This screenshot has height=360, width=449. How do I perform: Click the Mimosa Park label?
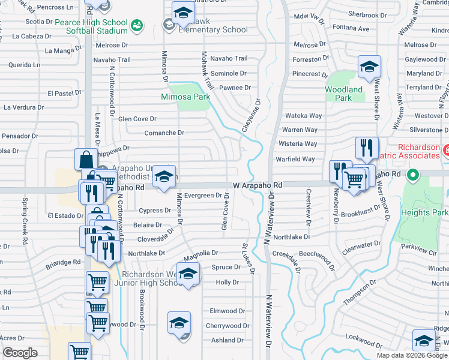pos(185,96)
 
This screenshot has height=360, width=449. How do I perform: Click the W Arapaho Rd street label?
pos(258,186)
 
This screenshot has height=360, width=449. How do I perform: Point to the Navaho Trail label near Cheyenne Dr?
pos(229,58)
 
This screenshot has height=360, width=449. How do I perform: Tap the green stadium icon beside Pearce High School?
pos(137,25)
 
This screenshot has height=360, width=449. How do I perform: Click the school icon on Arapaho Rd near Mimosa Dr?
pos(164,177)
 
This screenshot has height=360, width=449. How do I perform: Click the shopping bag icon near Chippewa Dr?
pos(86,160)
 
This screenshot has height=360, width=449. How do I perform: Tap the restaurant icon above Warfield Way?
pos(367,148)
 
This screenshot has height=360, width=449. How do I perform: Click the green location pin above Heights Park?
pos(412,176)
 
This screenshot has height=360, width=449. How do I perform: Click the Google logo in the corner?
pos(20,353)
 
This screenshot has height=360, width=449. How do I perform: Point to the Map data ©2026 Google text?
pos(412,355)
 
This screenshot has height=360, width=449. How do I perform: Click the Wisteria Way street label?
pos(299,144)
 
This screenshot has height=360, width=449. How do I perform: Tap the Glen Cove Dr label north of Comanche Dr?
pos(137,119)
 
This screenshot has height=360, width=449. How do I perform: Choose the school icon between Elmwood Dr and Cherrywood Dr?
pos(179,323)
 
